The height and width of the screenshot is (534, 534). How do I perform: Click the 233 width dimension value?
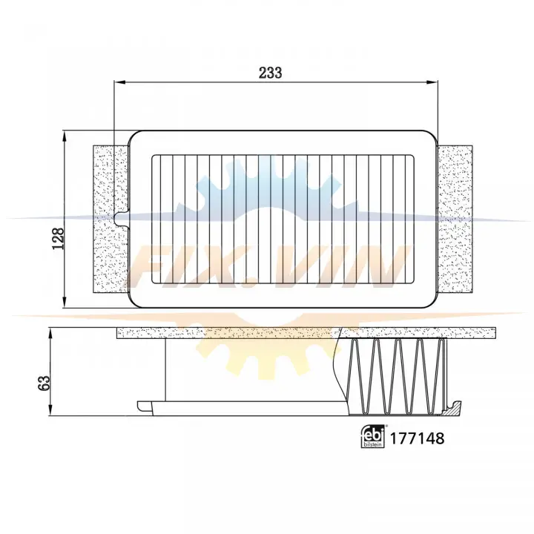click(x=271, y=73)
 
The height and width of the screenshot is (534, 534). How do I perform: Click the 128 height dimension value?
click(x=59, y=238)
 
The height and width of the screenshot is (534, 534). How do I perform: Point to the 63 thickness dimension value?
click(x=44, y=383)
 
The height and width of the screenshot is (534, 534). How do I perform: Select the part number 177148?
click(x=417, y=438)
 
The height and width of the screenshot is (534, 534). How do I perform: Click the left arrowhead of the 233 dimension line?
click(x=120, y=82)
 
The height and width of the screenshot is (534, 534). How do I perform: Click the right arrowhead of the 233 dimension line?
click(x=432, y=82)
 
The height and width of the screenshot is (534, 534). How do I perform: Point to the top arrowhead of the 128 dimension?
click(x=64, y=136)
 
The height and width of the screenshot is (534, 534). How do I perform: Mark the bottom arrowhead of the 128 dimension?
click(x=64, y=302)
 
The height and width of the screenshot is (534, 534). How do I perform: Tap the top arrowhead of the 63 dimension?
click(x=50, y=334)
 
